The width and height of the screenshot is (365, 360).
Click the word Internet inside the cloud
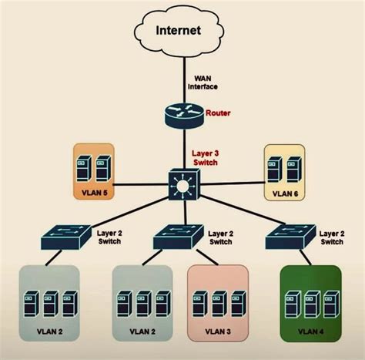178,31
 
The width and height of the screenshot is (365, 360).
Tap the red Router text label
219,113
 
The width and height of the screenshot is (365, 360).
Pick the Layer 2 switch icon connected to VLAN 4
290,238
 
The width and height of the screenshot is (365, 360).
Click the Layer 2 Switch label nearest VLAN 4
332,237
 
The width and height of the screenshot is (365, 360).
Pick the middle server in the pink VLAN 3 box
218,304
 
